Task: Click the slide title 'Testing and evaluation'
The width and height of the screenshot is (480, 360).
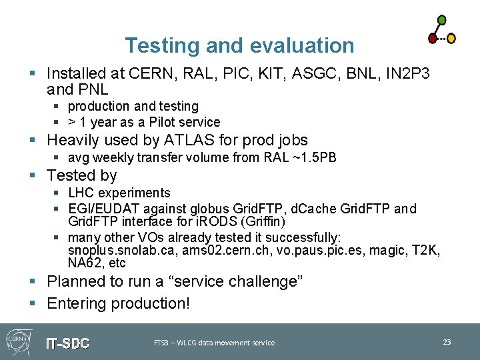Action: [x=239, y=45]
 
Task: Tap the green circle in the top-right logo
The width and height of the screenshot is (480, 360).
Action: [x=441, y=20]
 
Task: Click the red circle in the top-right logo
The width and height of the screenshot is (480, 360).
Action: [x=432, y=39]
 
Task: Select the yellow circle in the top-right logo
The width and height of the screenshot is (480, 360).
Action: [x=451, y=39]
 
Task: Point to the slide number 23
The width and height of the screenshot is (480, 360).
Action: [x=447, y=342]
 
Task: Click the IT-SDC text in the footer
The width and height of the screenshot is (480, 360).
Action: [x=67, y=343]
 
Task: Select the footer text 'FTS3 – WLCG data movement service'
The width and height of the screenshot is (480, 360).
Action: [x=214, y=343]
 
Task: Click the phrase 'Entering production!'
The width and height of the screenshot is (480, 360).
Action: [x=119, y=304]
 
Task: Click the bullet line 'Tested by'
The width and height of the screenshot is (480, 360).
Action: [x=82, y=176]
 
